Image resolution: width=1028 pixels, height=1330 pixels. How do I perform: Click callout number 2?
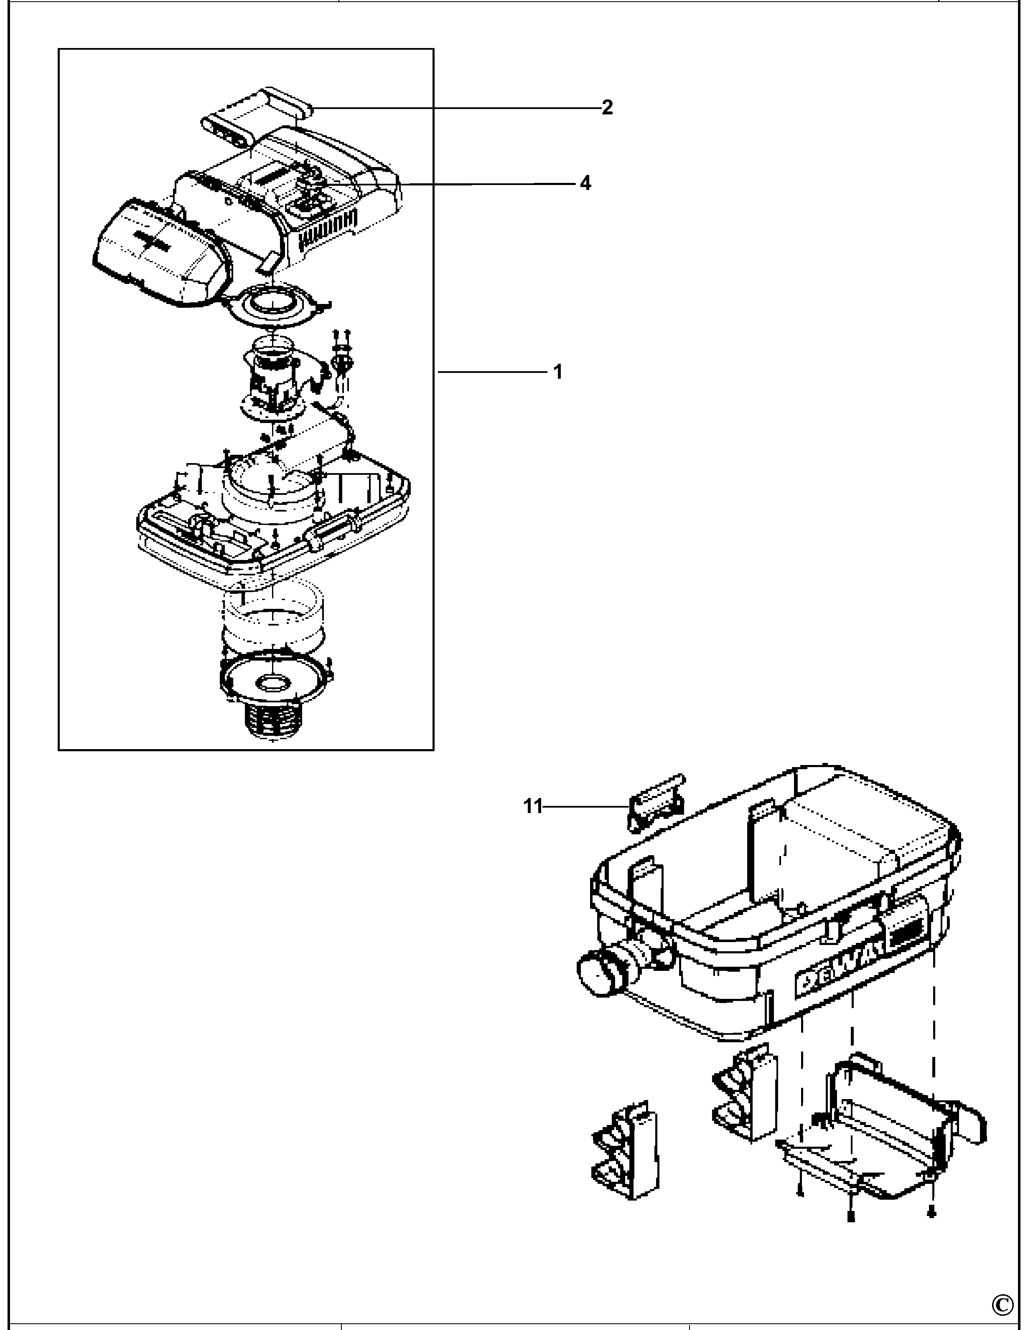tap(606, 108)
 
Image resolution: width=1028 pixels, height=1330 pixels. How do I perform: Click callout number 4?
tap(585, 183)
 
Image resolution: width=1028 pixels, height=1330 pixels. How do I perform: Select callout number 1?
tap(557, 372)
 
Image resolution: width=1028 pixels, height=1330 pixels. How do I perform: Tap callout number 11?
tap(532, 806)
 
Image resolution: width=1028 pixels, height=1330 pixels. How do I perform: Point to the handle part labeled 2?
tap(257, 116)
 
